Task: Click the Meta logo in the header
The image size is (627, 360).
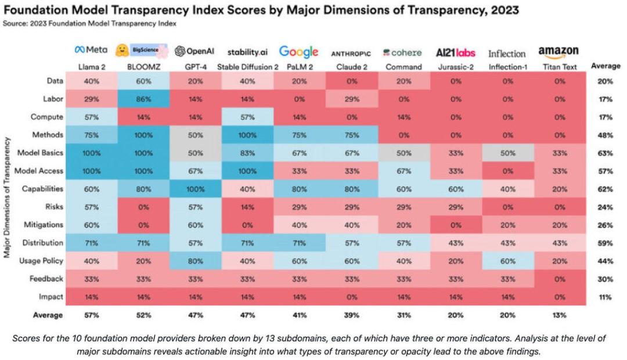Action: (x=91, y=51)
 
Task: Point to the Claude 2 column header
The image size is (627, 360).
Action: (x=351, y=67)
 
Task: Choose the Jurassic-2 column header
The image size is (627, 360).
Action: (x=456, y=67)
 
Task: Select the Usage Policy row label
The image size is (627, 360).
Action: (x=42, y=261)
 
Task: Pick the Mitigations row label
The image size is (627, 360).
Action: (x=44, y=225)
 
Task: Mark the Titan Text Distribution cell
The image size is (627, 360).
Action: (x=560, y=243)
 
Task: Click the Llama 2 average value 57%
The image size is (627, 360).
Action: (x=91, y=315)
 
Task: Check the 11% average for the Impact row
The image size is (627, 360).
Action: (x=605, y=297)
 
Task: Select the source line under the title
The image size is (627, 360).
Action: (x=89, y=24)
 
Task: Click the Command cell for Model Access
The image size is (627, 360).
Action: (x=403, y=171)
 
